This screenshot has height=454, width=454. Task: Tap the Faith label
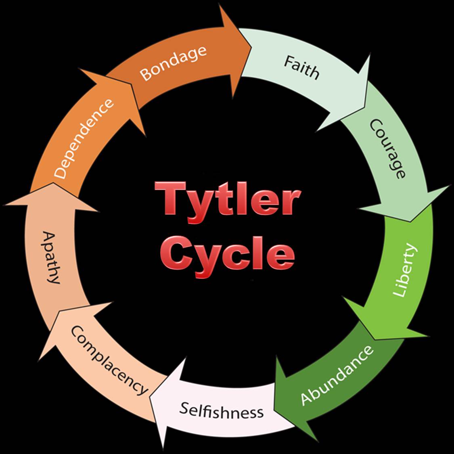[301, 67]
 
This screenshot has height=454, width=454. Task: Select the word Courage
[387, 149]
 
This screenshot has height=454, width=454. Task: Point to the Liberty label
[405, 270]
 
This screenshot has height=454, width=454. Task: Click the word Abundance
[337, 375]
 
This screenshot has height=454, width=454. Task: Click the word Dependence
[84, 138]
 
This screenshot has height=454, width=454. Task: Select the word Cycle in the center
[227, 256]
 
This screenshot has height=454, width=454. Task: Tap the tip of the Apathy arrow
[53, 183]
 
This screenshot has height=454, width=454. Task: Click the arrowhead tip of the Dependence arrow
[132, 84]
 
